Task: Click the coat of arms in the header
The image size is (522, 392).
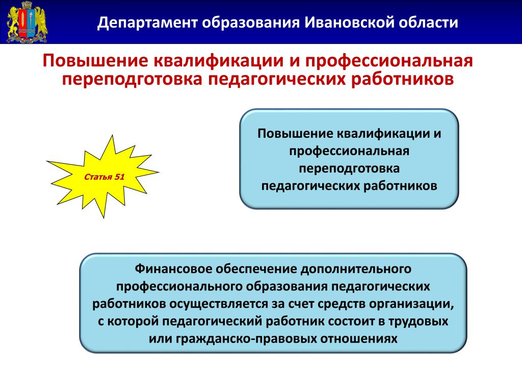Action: tap(28, 22)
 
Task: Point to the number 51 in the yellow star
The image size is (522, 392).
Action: tap(119, 177)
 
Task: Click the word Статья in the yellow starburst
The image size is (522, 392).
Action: tap(98, 177)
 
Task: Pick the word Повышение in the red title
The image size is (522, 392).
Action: tap(95, 61)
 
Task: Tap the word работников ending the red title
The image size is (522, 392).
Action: tap(403, 79)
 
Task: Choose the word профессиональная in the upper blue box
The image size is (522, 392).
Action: tap(349, 151)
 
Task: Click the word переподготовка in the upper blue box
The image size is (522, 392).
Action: tap(349, 168)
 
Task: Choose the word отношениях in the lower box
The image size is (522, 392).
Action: tap(359, 339)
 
